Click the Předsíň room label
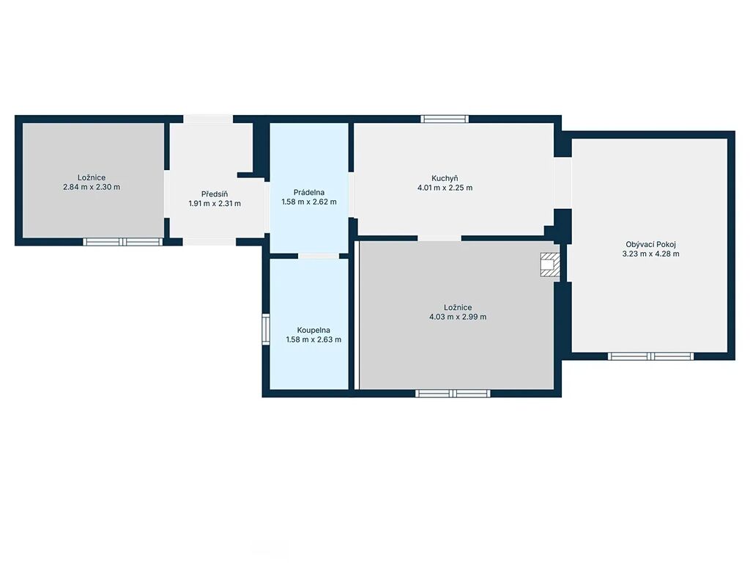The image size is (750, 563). [x=215, y=194]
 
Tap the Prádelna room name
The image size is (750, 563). [x=309, y=193]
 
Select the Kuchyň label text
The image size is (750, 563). [x=445, y=179]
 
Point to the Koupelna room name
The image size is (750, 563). [x=313, y=331]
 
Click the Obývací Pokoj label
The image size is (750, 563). [x=650, y=245]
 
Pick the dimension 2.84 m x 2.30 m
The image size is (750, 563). [x=92, y=187]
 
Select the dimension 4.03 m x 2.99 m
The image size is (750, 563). [x=458, y=317]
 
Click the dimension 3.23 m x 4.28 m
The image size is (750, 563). [x=650, y=254]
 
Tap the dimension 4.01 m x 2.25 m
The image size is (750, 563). [x=445, y=188]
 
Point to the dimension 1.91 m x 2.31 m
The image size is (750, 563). [x=215, y=204]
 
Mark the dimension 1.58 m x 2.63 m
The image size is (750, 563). [x=313, y=340]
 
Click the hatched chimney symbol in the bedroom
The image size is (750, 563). [x=549, y=265]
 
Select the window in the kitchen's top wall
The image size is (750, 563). [x=445, y=119]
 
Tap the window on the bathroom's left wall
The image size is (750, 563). [x=265, y=328]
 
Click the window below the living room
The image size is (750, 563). [x=650, y=356]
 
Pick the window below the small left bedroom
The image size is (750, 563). [x=123, y=242]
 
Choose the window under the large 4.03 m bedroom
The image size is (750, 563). [x=453, y=394]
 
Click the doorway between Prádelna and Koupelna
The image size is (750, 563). [x=319, y=256]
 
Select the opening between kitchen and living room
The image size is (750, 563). [x=562, y=183]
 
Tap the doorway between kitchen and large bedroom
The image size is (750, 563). [x=439, y=238]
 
